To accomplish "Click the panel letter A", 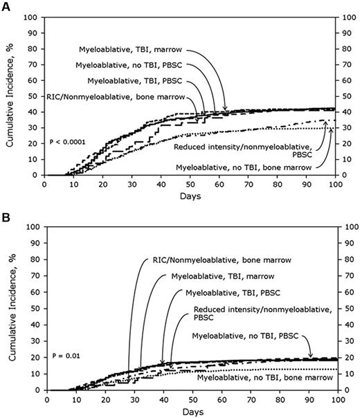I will [x=6, y=6].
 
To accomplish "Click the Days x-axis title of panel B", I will [x=191, y=412].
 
